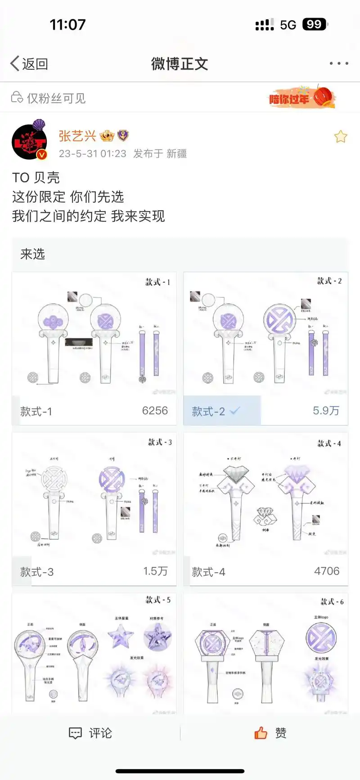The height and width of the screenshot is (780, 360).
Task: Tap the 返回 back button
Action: [29, 64]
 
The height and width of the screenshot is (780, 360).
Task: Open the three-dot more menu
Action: [338, 63]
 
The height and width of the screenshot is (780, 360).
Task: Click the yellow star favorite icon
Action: [341, 136]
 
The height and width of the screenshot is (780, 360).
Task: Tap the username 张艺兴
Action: [77, 136]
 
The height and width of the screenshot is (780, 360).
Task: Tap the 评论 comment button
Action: [90, 733]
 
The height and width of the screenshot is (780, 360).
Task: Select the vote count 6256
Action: [155, 411]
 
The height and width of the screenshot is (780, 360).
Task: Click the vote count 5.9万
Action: [326, 411]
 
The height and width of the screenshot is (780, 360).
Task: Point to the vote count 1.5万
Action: [155, 571]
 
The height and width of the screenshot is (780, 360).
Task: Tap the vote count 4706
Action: [327, 571]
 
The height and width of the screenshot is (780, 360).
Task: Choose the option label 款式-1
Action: [36, 412]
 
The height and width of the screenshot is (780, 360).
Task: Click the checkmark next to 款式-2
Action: [234, 411]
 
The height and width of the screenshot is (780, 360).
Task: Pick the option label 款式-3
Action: [37, 572]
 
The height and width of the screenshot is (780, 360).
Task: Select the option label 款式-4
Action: [208, 572]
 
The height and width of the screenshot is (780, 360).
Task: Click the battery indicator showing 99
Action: [315, 24]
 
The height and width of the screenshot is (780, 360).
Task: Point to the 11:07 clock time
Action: [67, 24]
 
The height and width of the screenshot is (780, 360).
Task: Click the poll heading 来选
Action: [32, 254]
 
